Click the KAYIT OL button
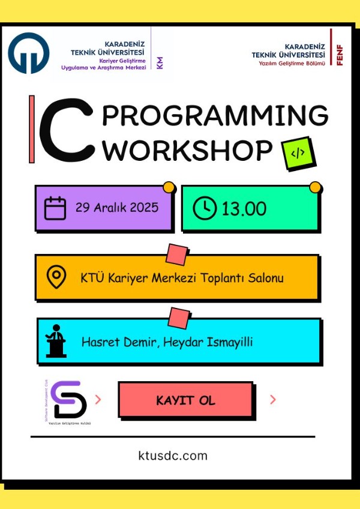point(185,400)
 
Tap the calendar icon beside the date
point(55,208)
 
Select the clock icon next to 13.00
point(205,208)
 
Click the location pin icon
point(56,277)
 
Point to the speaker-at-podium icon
point(55,340)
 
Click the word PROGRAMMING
point(215,116)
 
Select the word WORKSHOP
point(188,151)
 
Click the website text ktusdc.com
point(172,456)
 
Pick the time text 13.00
point(244,209)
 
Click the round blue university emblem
point(28,53)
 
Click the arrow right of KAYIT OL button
point(273,400)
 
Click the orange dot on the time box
point(315,188)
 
